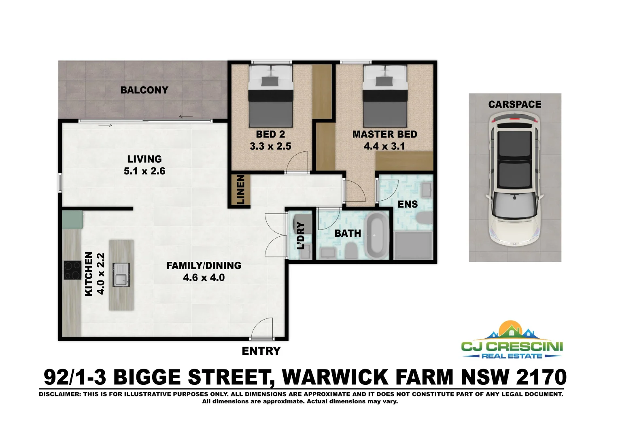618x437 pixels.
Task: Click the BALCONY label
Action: point(144,90)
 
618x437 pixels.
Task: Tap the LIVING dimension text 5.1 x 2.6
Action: point(144,171)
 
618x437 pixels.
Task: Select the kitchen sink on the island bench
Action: point(121,275)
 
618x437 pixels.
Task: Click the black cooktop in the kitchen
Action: point(72,270)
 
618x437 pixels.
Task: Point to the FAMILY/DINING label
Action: point(204,266)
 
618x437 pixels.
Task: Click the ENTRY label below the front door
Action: point(261,351)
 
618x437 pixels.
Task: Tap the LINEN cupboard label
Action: point(240,189)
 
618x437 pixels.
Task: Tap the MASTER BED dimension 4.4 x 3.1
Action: point(384,146)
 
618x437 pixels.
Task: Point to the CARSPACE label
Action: point(514,104)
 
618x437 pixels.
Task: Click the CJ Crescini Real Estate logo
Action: point(512,341)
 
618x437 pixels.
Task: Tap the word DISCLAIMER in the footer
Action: point(59,394)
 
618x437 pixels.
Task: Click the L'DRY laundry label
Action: point(301,235)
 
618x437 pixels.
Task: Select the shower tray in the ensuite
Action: point(412,245)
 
